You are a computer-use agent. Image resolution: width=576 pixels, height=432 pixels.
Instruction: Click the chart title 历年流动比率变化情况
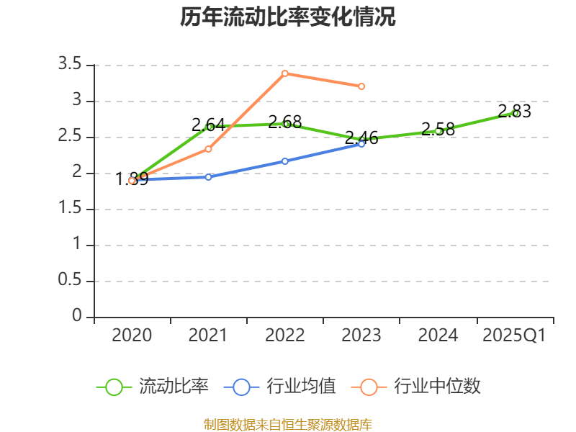288,17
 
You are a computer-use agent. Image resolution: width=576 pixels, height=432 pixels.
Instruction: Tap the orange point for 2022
285,73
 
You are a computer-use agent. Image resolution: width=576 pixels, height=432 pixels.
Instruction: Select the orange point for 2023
361,86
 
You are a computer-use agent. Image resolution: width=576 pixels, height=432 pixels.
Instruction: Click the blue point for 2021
209,176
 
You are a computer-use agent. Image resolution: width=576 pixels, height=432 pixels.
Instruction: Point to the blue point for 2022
285,161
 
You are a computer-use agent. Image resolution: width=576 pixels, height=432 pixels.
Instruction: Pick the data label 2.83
514,111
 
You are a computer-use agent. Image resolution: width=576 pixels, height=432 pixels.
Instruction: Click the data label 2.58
438,130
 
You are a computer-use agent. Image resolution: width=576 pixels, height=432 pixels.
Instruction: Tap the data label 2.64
209,125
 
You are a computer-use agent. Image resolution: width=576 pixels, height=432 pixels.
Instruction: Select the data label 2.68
285,121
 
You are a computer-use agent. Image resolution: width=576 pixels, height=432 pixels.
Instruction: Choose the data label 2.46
361,137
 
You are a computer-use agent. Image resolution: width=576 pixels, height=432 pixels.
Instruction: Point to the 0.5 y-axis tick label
70,281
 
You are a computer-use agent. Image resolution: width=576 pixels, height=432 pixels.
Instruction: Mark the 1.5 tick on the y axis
70,209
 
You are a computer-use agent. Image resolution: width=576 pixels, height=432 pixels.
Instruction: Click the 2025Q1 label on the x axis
514,335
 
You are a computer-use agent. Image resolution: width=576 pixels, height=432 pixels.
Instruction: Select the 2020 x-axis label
132,335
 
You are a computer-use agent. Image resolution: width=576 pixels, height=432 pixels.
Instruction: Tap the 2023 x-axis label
361,335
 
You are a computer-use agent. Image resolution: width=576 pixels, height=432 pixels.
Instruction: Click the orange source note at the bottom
288,424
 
